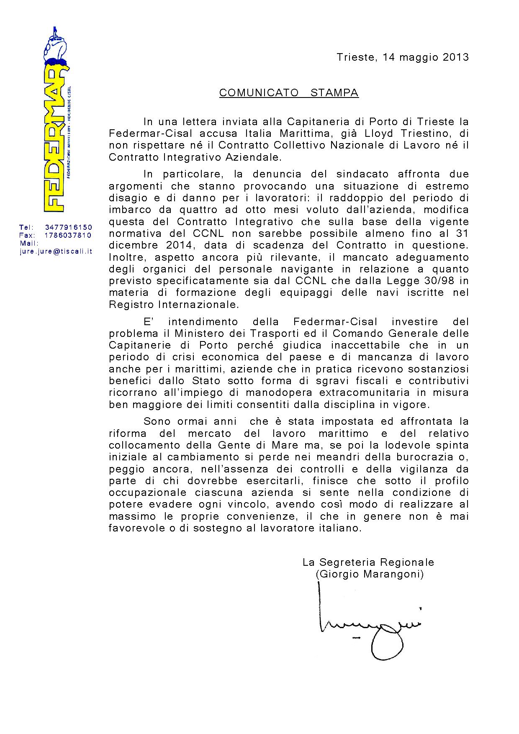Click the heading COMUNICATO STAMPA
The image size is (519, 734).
[x=289, y=93]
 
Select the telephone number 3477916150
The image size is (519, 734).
[x=68, y=227]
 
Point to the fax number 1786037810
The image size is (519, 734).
[x=68, y=235]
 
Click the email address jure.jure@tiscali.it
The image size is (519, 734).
[x=56, y=252]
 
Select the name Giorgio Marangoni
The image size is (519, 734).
[x=370, y=574]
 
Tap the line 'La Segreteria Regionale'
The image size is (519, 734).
[x=368, y=562]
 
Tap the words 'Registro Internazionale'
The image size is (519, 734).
[x=174, y=304]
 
